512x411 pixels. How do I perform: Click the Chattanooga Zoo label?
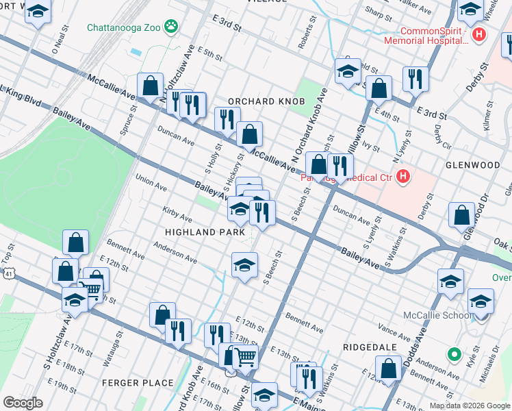[x=126, y=28]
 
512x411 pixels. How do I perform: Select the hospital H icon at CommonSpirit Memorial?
[x=480, y=34]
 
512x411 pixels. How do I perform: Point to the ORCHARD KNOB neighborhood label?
[x=266, y=101]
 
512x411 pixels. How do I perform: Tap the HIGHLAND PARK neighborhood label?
[x=205, y=233]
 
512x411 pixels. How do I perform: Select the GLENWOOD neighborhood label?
[x=473, y=165]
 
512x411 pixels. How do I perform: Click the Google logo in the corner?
[x=23, y=403]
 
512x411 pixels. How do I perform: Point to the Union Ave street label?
[x=151, y=184]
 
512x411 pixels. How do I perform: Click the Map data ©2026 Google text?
[x=470, y=406]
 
